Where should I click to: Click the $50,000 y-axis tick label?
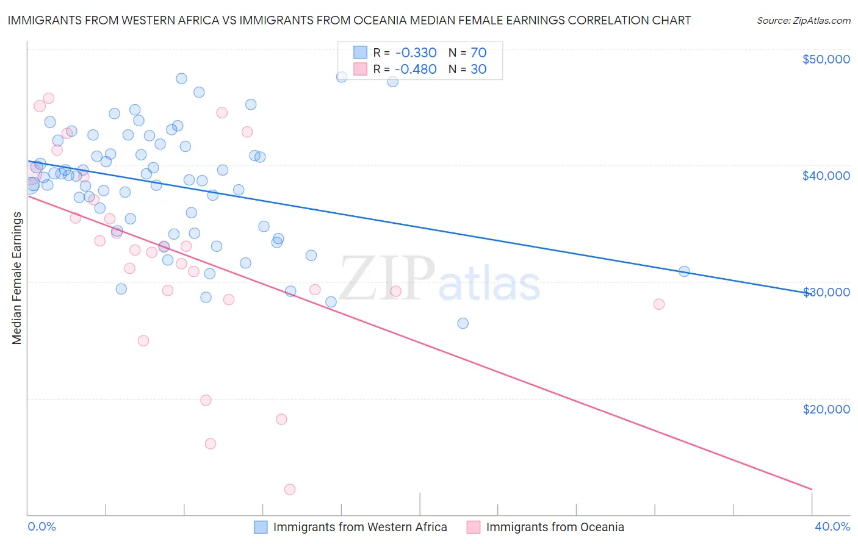tap(826, 59)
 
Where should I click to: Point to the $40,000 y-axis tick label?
tap(826, 176)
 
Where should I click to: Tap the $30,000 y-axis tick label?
tap(826, 292)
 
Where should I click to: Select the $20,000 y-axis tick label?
tap(826, 409)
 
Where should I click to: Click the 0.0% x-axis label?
tap(41, 526)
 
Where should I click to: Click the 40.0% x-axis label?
tap(832, 526)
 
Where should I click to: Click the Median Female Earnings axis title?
tap(17, 278)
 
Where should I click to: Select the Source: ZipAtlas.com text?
tap(803, 21)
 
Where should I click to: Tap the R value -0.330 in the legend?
tap(416, 53)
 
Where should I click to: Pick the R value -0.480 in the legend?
tap(416, 70)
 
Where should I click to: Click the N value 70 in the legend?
tap(478, 53)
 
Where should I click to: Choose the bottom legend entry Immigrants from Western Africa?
tap(360, 527)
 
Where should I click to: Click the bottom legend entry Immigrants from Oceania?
tap(555, 527)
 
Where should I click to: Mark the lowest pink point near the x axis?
tap(290, 490)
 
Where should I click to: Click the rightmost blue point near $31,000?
tap(684, 271)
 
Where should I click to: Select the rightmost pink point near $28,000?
tap(659, 304)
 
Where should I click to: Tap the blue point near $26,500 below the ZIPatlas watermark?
tap(463, 323)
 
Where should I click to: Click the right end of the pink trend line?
tap(812, 489)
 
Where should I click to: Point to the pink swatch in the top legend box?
tap(360, 70)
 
